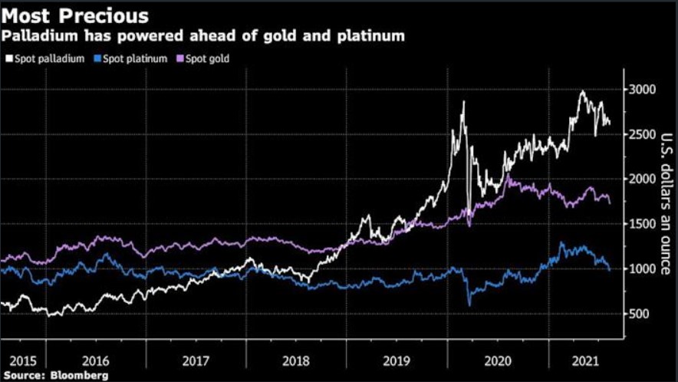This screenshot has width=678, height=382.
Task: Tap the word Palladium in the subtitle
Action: (x=37, y=35)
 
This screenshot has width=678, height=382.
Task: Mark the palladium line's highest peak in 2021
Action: (x=582, y=91)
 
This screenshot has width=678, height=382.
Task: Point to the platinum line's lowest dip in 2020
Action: (x=469, y=305)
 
